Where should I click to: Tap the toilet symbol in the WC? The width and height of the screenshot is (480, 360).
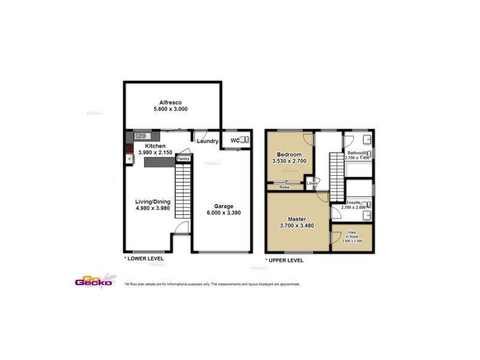coord(244,140)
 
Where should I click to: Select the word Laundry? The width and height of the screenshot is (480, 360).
coord(208,142)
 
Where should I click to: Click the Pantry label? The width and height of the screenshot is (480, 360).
coord(183,159)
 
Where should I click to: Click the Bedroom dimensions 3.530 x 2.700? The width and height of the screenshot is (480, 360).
coord(290,161)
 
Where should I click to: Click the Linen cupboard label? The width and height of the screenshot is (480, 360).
coord(311,183)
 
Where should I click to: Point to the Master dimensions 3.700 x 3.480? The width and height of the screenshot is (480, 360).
coord(297,226)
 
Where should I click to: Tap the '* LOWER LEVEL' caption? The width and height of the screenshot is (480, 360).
coord(144,259)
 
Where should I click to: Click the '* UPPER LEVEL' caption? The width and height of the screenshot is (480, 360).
coord(284,260)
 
